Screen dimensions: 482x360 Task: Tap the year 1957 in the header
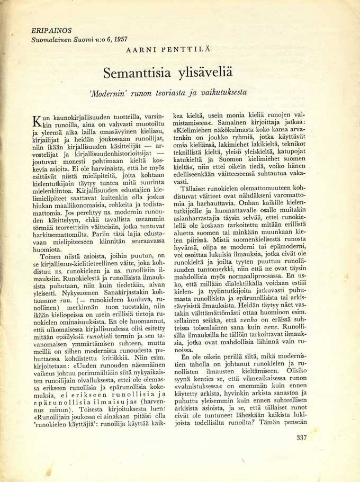(x=119, y=39)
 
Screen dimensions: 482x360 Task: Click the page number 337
(x=302, y=438)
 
